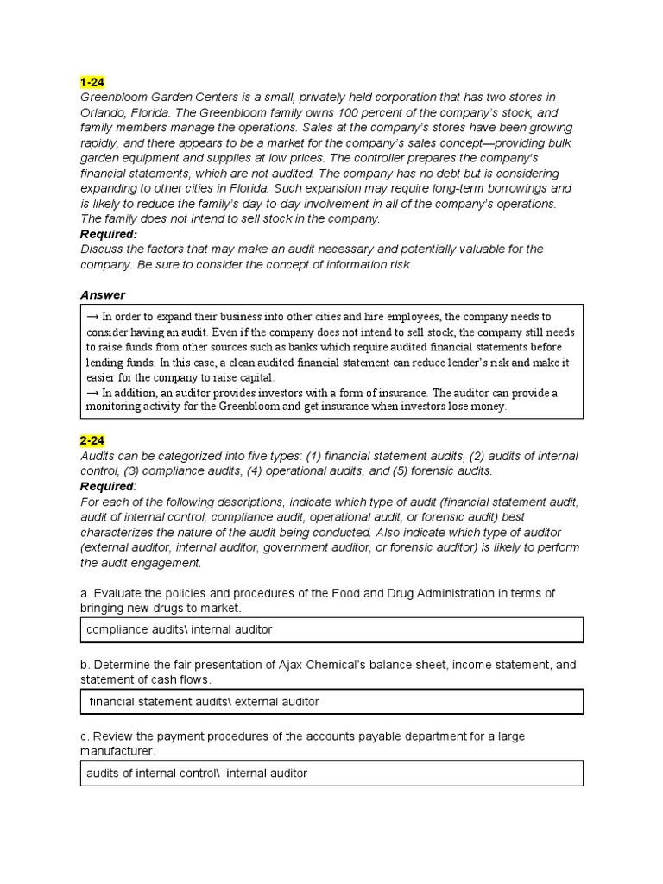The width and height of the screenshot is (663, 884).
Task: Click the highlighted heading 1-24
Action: point(92,82)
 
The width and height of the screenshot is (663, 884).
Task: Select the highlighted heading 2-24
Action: point(92,440)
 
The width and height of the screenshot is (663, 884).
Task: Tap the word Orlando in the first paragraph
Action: point(103,112)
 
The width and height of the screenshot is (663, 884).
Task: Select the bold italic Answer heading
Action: point(103,295)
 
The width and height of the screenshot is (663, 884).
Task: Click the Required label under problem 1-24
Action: point(109,234)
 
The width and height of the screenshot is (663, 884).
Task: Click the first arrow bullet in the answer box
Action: point(93,318)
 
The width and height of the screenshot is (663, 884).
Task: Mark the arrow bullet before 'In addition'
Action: point(93,394)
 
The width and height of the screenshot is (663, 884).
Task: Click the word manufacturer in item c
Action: point(117,751)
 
